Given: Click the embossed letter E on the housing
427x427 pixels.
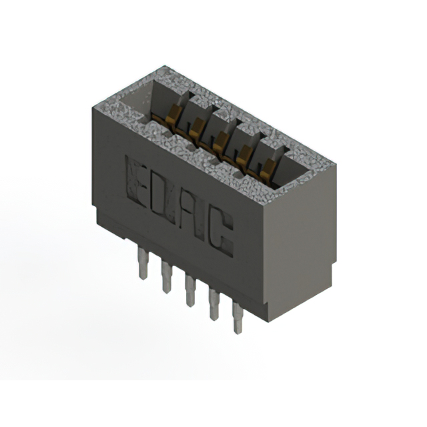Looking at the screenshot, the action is coord(135,181).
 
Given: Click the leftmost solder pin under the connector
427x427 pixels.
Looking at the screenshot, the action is coord(143,262).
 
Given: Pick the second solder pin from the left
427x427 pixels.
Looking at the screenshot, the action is coord(166,277).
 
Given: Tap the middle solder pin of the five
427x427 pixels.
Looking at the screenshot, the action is coord(190,290).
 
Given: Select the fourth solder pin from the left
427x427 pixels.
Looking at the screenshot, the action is coord(214,304).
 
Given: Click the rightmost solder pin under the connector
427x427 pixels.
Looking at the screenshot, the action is coord(238,318).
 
